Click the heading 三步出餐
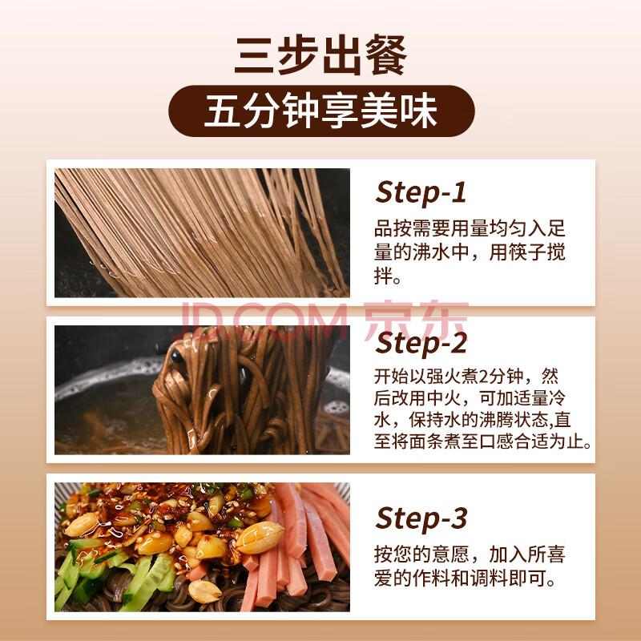tap(320, 55)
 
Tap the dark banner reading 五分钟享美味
tap(321, 111)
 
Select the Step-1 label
tap(421, 193)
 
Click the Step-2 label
tap(421, 344)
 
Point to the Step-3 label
tap(421, 518)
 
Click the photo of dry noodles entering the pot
tap(202, 232)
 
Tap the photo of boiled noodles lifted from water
tap(202, 389)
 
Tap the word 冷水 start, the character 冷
tap(557, 397)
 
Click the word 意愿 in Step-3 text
tap(450, 554)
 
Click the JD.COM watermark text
tap(262, 321)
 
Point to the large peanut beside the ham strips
tap(260, 538)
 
